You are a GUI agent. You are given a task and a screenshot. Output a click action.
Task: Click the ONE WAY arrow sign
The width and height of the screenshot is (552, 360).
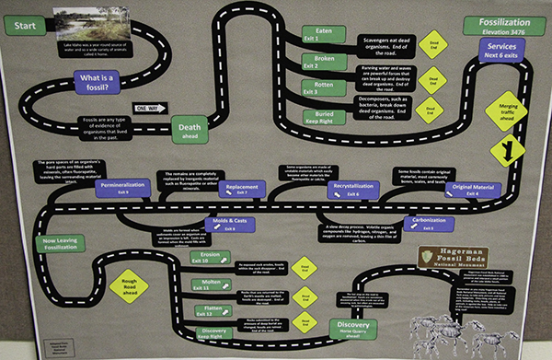click(146, 108)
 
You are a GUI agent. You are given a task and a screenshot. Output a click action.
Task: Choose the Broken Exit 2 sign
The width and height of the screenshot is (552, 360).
click(313, 61)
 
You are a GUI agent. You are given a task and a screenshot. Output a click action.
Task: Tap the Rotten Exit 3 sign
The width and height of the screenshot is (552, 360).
click(313, 87)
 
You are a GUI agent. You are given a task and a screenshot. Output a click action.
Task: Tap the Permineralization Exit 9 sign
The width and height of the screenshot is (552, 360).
click(125, 188)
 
